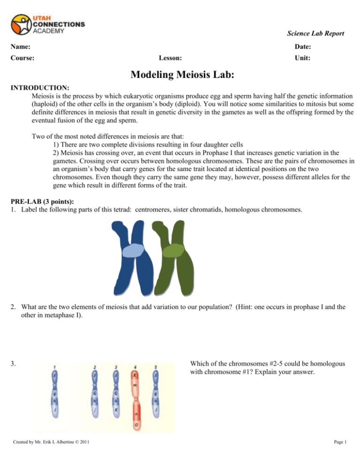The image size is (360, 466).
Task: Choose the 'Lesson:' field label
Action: pyautogui.click(x=171, y=59)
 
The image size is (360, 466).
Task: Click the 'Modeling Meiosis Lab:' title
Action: pyautogui.click(x=180, y=77)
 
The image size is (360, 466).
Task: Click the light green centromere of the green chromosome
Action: pyautogui.click(x=176, y=250)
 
